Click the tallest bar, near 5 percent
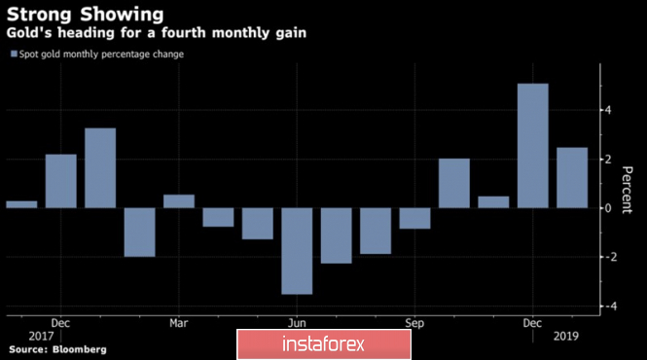click(x=533, y=146)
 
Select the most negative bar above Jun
click(x=297, y=251)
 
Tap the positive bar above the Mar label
click(x=179, y=201)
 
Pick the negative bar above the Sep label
click(x=414, y=218)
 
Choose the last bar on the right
click(x=572, y=177)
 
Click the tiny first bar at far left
click(x=21, y=204)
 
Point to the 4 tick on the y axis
click(x=608, y=110)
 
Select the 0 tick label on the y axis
click(x=608, y=208)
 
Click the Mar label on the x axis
click(x=179, y=323)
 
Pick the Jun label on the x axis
click(x=297, y=323)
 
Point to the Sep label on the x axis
click(x=414, y=323)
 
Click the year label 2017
click(x=41, y=337)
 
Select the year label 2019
click(x=565, y=337)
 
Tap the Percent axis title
click(x=627, y=190)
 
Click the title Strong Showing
click(x=85, y=15)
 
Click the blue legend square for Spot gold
click(x=14, y=54)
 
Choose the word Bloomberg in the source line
click(x=79, y=349)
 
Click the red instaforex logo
click(x=324, y=344)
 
